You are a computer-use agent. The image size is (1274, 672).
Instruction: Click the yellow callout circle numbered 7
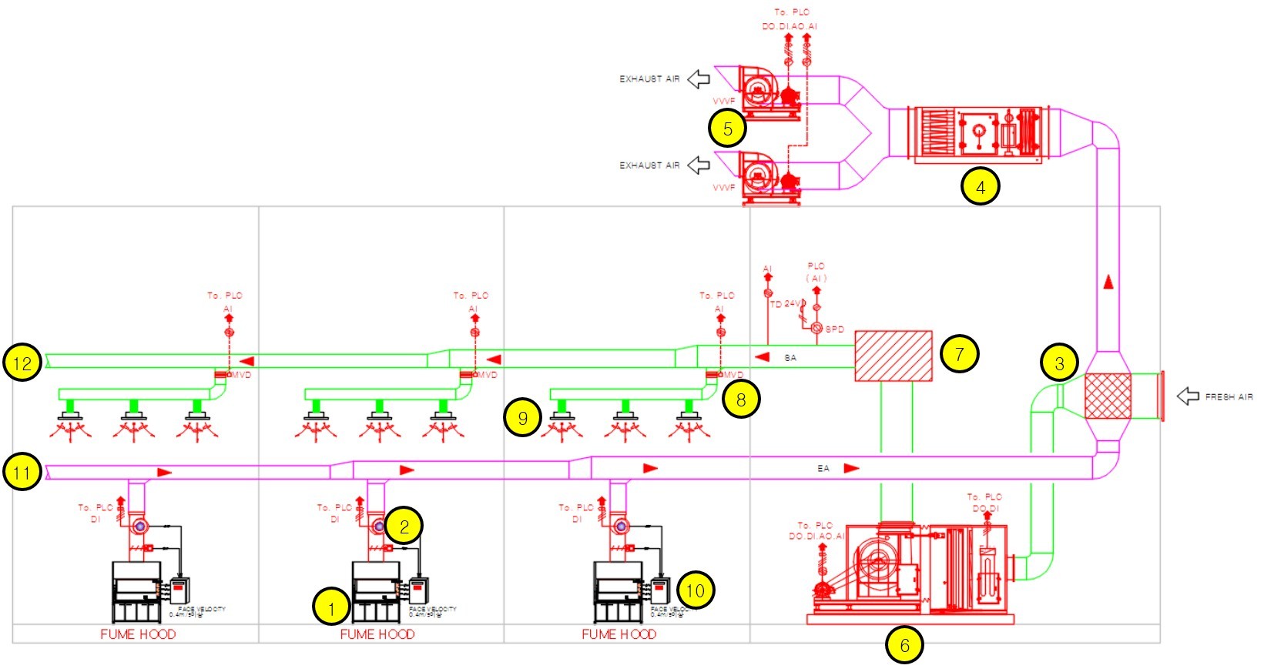click(959, 353)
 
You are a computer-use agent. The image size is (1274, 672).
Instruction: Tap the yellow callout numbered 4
click(980, 186)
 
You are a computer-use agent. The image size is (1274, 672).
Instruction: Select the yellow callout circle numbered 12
click(22, 363)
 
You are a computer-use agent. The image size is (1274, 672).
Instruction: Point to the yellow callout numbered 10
click(696, 590)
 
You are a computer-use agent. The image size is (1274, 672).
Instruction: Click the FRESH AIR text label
click(1229, 397)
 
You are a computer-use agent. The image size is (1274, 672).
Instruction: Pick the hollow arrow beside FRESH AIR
click(1188, 396)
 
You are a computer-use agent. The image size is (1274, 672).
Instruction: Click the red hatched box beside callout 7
click(893, 356)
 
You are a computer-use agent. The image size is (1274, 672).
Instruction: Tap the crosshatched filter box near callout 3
click(1107, 396)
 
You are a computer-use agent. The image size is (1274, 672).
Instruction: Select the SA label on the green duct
click(790, 358)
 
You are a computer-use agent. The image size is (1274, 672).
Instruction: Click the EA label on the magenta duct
click(823, 468)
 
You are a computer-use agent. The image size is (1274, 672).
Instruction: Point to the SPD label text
click(835, 329)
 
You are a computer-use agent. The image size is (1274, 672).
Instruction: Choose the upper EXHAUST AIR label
click(649, 79)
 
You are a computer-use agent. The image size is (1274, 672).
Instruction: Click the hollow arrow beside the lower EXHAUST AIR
click(699, 165)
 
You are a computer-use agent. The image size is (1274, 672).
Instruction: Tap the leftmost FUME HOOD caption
click(138, 634)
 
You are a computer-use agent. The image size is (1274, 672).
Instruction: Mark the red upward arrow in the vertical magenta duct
click(1108, 282)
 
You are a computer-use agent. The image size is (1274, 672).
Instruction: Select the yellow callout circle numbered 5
click(727, 129)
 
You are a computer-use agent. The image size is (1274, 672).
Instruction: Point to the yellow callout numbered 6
click(904, 645)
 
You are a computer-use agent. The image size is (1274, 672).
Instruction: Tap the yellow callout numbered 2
click(404, 526)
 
